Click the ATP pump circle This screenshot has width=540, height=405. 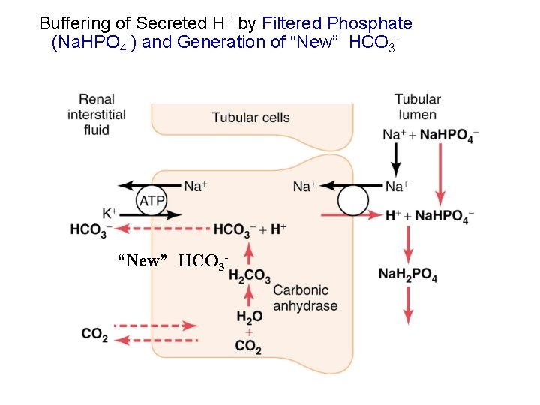151,200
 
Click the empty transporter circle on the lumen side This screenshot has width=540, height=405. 352,200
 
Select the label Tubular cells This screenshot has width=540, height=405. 250,117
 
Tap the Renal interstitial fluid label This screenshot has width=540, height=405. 97,114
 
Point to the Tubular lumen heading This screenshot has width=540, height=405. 418,106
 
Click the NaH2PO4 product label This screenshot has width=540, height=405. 408,275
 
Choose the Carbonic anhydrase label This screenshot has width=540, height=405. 305,298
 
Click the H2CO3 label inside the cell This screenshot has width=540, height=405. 249,276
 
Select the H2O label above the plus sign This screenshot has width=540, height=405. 249,317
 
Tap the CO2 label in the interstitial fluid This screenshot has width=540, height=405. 94,334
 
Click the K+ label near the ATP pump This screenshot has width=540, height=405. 109,214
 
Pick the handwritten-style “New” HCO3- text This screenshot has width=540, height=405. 172,261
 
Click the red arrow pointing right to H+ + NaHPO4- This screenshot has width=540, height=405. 352,215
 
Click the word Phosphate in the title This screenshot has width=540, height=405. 374,23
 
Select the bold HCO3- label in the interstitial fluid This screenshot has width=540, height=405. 91,229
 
